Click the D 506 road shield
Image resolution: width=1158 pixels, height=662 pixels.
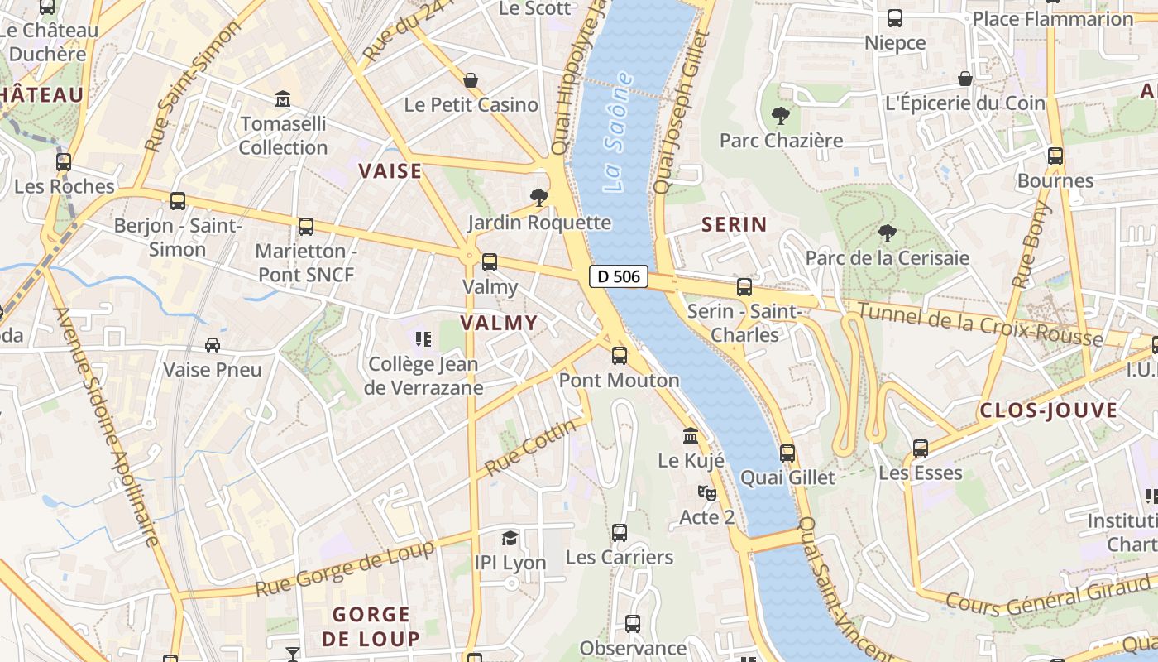[x=619, y=276]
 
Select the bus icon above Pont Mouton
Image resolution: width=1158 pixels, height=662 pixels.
[x=620, y=356]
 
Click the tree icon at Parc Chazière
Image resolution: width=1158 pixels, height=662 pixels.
[x=780, y=116]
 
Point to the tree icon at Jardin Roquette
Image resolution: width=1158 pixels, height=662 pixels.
[x=539, y=197]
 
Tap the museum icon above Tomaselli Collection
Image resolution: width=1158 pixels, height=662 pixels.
[x=283, y=99]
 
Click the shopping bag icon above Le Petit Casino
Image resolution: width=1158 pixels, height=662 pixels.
[x=471, y=79]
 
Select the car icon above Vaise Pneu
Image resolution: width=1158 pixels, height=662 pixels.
[x=213, y=344]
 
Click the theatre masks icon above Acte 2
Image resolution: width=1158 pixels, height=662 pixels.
[x=706, y=492]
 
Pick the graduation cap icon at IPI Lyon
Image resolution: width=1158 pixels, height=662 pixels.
[x=510, y=538]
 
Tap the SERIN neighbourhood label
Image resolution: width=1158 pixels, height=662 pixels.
[x=735, y=224]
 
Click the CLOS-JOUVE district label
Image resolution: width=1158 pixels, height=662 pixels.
[x=1048, y=410]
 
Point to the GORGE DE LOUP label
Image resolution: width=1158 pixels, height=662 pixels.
[x=371, y=626]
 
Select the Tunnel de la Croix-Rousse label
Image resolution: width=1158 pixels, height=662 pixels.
[x=979, y=324]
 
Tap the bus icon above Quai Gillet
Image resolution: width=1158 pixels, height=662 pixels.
[x=787, y=453]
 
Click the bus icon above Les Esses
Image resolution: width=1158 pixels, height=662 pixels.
[x=921, y=449]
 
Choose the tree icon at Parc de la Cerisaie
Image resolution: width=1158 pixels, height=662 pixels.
[x=887, y=233]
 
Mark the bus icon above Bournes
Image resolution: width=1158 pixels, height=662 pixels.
[x=1055, y=156]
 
